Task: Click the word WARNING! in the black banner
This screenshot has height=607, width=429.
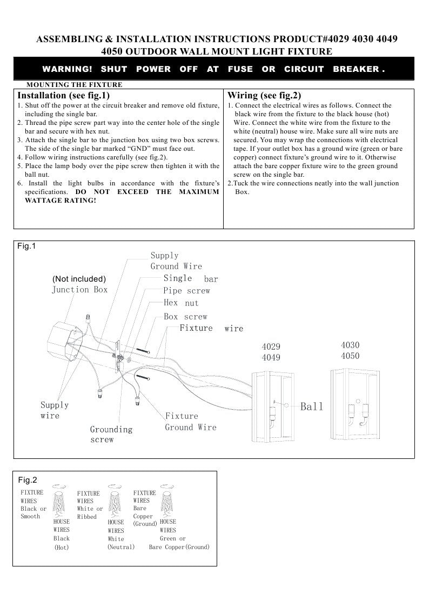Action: tap(68, 69)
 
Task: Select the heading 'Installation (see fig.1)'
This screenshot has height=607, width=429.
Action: tap(63, 95)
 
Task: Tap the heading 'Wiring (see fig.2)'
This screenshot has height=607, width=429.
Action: tap(264, 95)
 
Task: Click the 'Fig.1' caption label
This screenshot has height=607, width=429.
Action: tap(26, 246)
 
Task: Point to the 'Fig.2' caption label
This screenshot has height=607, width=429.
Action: tap(28, 480)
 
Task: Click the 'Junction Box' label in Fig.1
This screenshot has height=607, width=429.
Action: tap(79, 290)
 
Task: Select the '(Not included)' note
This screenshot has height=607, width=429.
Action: tap(79, 279)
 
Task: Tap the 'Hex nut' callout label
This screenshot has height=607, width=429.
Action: tap(181, 303)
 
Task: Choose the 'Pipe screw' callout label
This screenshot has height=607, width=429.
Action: tap(186, 291)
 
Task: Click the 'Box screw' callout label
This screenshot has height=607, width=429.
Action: tap(185, 317)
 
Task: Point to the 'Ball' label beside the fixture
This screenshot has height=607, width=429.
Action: tap(311, 406)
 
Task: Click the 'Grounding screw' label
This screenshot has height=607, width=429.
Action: tap(111, 435)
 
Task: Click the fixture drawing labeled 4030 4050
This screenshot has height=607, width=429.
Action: tap(355, 404)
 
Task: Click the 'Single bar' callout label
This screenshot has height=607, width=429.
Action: tap(191, 278)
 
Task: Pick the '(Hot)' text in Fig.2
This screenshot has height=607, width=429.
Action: tap(62, 548)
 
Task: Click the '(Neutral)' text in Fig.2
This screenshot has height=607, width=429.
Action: tap(121, 547)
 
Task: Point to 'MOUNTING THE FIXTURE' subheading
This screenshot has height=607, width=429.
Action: tap(74, 85)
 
